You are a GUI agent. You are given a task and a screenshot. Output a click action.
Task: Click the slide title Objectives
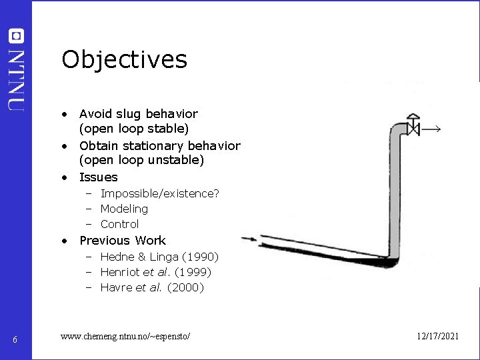click(124, 60)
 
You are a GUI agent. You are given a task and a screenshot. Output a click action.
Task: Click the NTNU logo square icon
click(17, 36)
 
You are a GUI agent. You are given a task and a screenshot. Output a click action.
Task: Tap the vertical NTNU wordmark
click(17, 78)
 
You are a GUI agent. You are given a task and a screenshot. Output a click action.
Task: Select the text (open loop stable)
click(133, 128)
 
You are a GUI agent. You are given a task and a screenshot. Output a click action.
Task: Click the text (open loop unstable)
click(141, 160)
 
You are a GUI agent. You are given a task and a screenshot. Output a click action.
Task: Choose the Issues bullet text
click(98, 177)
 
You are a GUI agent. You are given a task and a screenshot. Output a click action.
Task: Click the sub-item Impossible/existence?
click(159, 193)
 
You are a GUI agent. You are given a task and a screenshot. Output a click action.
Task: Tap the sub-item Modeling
click(124, 209)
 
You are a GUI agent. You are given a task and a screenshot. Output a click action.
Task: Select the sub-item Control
click(119, 224)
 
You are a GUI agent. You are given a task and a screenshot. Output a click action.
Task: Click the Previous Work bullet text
click(122, 241)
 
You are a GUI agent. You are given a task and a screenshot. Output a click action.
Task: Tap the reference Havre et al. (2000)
click(152, 287)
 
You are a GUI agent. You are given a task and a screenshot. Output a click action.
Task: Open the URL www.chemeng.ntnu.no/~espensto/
click(125, 337)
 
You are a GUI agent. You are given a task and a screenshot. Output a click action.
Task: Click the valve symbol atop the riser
click(414, 124)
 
